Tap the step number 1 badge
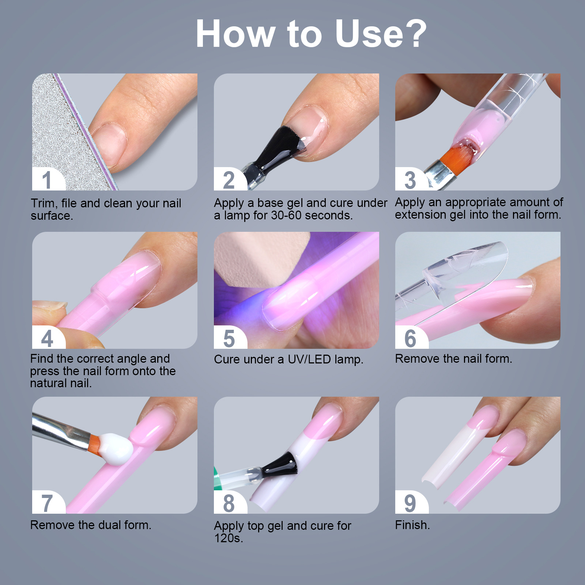(46, 180)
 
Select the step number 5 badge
(229, 338)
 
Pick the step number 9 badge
(410, 503)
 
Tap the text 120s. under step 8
(228, 538)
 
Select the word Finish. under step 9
(412, 525)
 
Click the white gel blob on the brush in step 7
(116, 449)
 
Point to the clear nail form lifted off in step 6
(464, 271)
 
